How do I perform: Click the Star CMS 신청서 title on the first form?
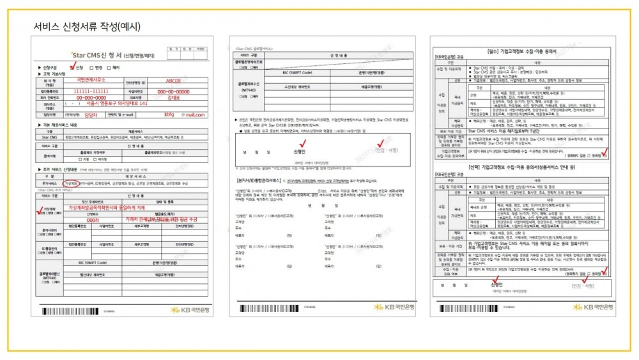[102, 56]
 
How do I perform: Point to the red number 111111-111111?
[96, 91]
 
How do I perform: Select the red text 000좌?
[93, 220]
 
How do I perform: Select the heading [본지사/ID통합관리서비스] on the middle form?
[261, 181]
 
